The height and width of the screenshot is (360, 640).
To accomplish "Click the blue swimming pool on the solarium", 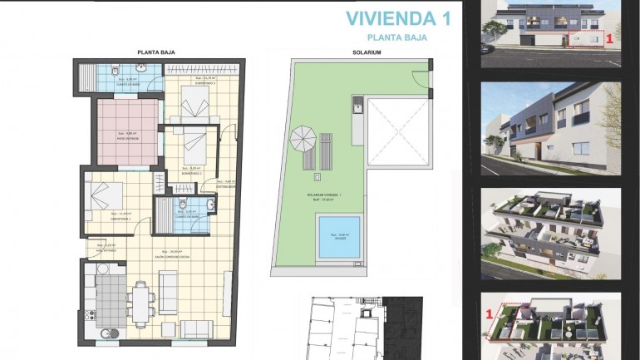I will (x=339, y=237).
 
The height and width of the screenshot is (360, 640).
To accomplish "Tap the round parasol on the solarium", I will (x=303, y=137).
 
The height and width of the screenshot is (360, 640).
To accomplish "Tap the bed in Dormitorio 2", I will (x=195, y=146).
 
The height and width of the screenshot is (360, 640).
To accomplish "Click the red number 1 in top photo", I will (x=610, y=38).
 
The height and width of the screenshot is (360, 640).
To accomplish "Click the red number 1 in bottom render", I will (x=490, y=313).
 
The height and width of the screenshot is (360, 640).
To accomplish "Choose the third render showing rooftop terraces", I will (x=551, y=232).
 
